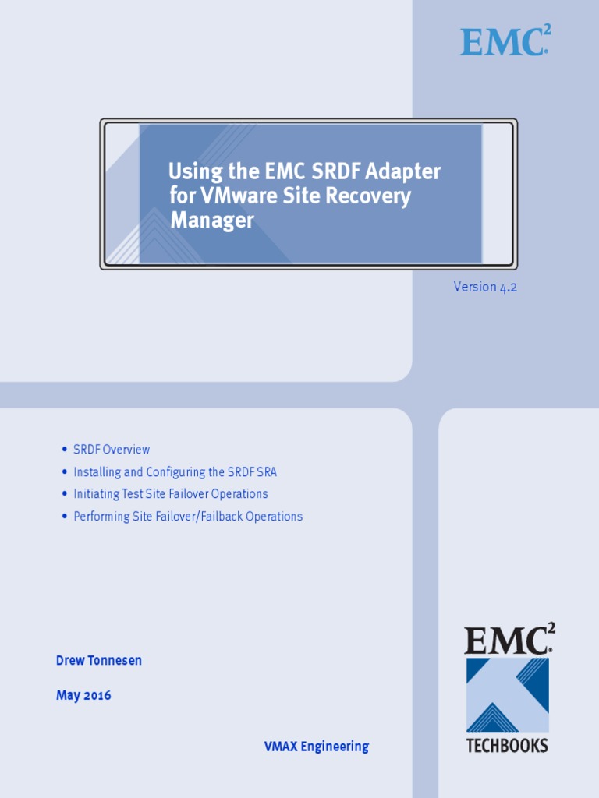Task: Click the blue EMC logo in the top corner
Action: click(x=504, y=41)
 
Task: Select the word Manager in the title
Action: click(x=212, y=221)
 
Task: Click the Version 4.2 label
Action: click(x=485, y=287)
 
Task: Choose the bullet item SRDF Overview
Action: click(x=112, y=450)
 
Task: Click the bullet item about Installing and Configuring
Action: click(x=175, y=471)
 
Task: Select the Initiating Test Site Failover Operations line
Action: click(x=170, y=494)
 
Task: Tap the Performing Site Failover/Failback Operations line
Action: click(x=188, y=516)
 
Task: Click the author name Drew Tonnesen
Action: click(x=99, y=661)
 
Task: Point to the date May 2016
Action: click(x=83, y=695)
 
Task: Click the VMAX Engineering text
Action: click(x=316, y=747)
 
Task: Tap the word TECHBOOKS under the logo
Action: click(x=507, y=746)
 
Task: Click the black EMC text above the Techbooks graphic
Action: click(x=507, y=641)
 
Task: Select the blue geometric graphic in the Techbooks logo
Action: click(x=507, y=694)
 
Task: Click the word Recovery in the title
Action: click(x=368, y=196)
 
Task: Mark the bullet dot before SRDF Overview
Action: click(x=64, y=450)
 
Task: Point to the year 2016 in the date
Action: click(x=97, y=695)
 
